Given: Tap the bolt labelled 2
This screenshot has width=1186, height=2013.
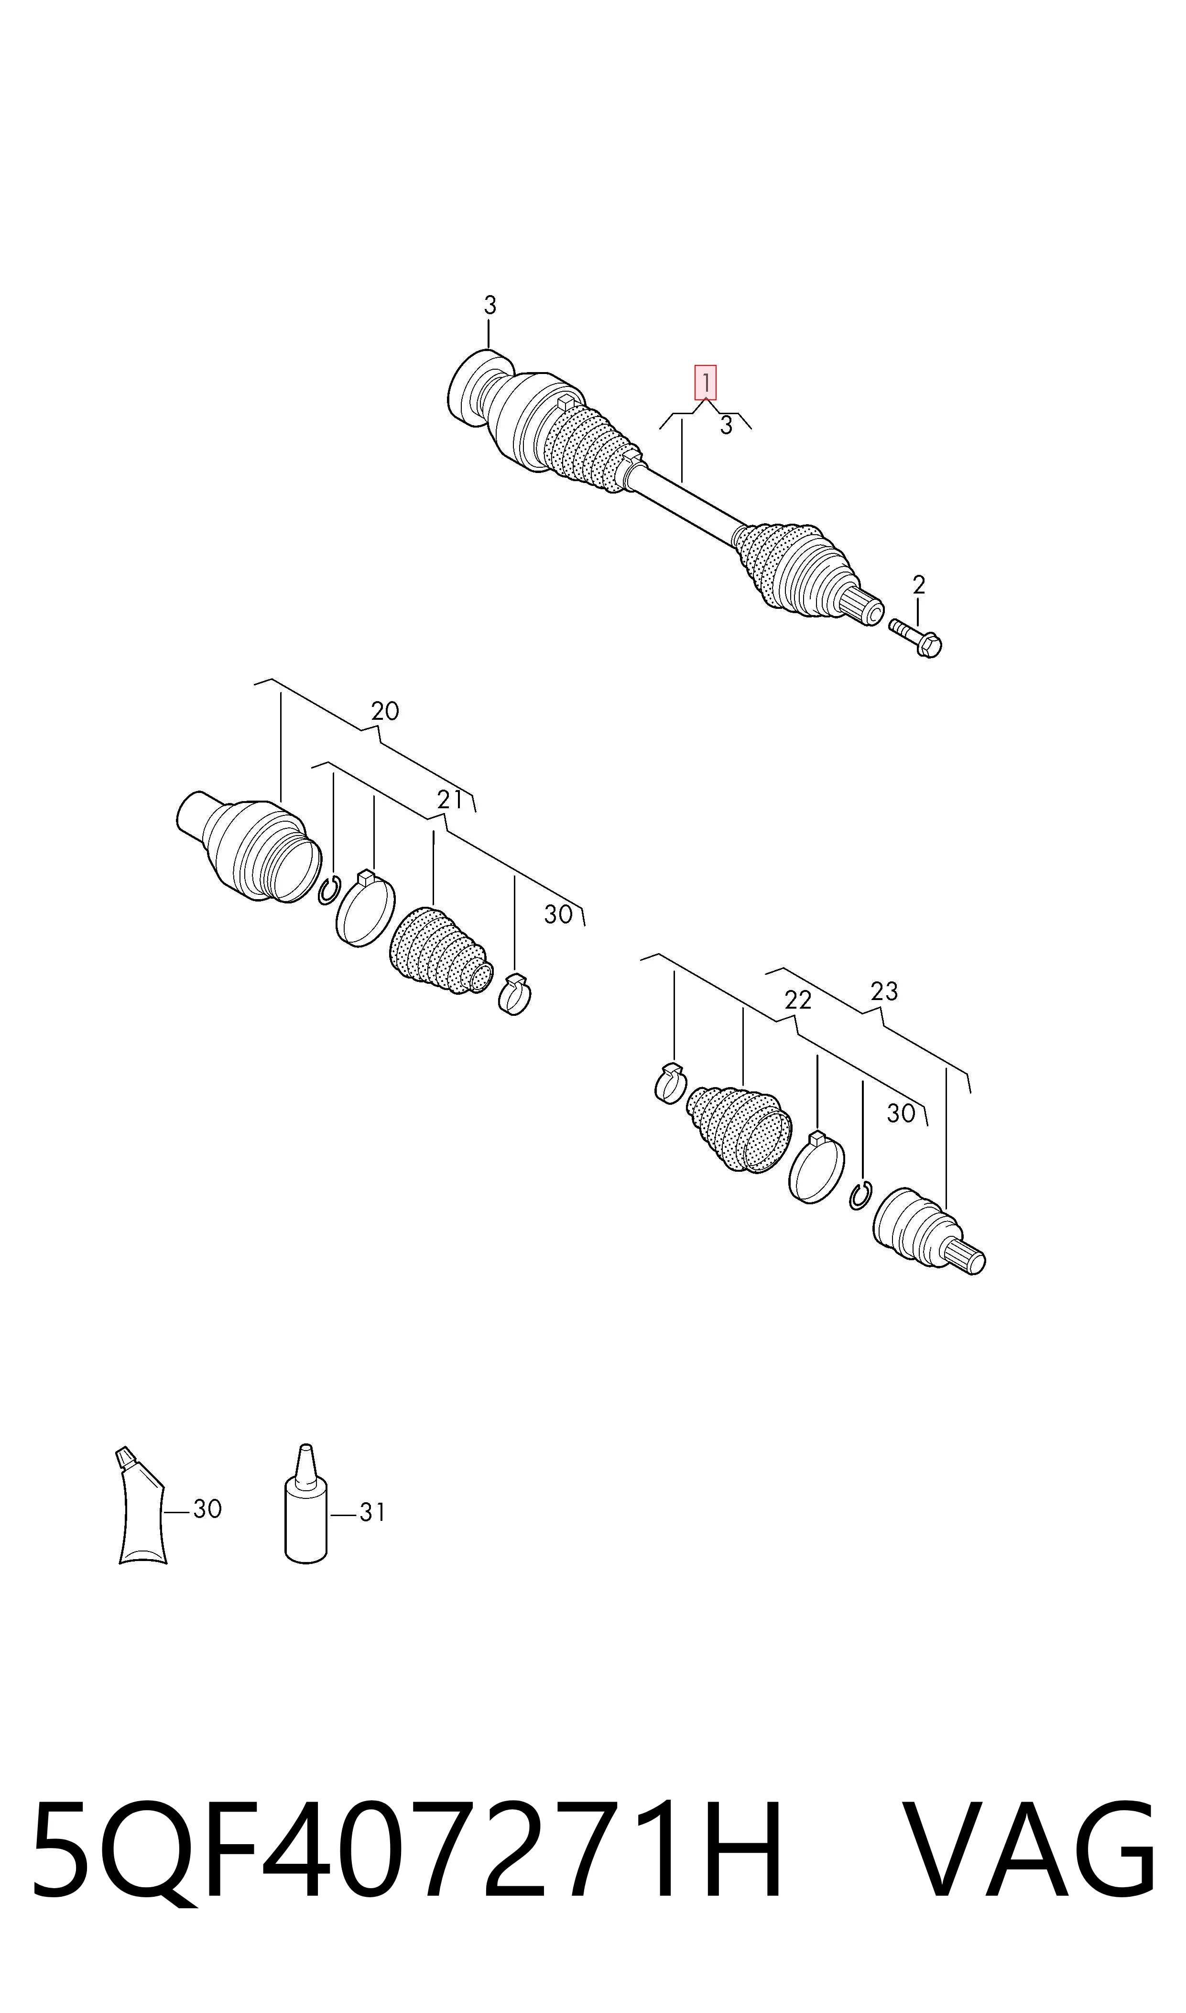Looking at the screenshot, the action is point(916,639).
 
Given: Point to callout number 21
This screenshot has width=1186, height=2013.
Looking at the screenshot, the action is point(450,799).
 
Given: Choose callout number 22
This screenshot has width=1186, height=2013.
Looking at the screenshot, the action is point(797,1000).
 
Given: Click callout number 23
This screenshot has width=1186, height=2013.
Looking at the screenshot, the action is point(884,991).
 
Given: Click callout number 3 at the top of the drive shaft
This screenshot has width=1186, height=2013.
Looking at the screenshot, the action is point(490,306).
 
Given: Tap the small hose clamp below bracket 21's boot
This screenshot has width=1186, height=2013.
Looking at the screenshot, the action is point(515,995).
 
